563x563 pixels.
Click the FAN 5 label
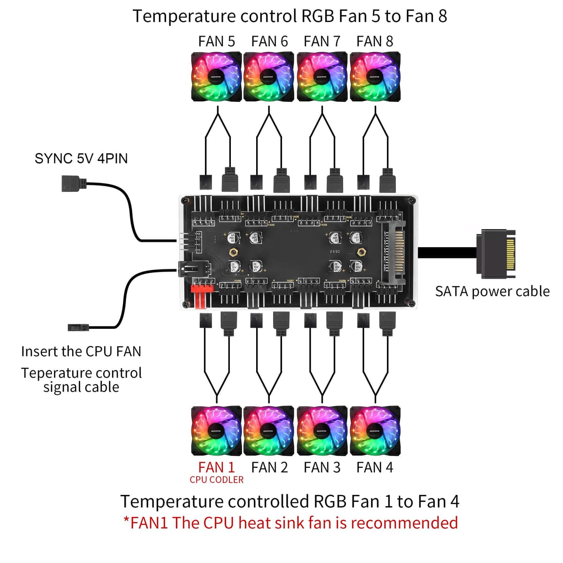coord(216,41)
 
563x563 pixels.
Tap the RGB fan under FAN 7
coord(322,76)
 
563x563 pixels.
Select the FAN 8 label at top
coord(374,41)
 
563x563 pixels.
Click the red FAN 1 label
coord(216,467)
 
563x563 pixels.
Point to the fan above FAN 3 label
coord(322,431)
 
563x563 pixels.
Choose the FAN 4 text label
coord(374,467)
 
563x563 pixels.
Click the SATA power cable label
coord(492,291)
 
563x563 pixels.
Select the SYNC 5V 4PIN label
coord(81,158)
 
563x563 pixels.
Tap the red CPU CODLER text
coord(216,480)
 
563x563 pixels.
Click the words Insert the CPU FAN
coord(81,351)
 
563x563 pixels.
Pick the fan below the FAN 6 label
coord(269,76)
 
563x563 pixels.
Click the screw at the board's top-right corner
coord(411,200)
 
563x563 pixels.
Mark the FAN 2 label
coord(269,467)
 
